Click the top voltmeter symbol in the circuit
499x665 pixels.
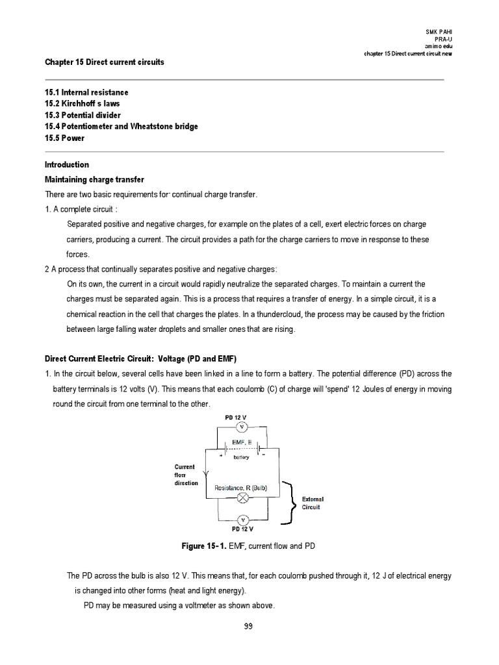(x=241, y=427)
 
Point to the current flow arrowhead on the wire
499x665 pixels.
(x=206, y=472)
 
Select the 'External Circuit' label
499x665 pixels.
(x=313, y=503)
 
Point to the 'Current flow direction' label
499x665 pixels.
(x=186, y=475)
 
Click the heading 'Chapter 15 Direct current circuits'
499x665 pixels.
(x=104, y=62)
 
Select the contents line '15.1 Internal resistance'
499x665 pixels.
(x=86, y=93)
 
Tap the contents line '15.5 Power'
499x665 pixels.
(x=64, y=138)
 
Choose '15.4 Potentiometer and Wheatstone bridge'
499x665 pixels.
(x=121, y=127)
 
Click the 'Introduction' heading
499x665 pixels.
(x=67, y=165)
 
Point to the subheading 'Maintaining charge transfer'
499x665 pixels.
(x=94, y=179)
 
